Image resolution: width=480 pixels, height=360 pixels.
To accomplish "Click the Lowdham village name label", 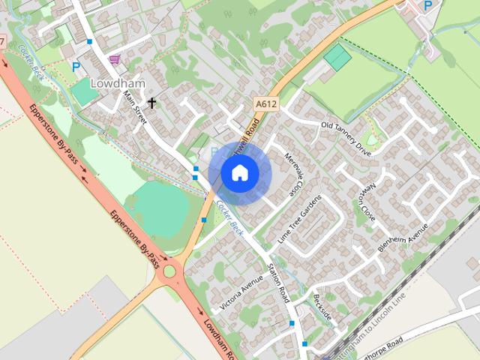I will point(112,83).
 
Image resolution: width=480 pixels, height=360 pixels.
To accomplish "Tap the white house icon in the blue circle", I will point(239,173).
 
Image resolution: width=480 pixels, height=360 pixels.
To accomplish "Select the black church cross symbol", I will point(151,102).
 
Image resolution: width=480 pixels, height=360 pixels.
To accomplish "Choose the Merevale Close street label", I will point(297,175).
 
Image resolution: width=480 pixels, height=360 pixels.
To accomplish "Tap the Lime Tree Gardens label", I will point(299,218).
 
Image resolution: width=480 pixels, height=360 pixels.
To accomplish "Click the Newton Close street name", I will point(367,203).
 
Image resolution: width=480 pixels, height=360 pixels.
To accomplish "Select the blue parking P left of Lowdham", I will point(75,66).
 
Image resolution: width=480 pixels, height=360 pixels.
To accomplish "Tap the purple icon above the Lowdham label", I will point(114,58).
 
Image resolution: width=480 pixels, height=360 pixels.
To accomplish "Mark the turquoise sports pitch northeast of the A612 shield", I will point(337,56).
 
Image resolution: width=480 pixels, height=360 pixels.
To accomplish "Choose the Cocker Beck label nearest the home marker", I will point(226,214).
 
